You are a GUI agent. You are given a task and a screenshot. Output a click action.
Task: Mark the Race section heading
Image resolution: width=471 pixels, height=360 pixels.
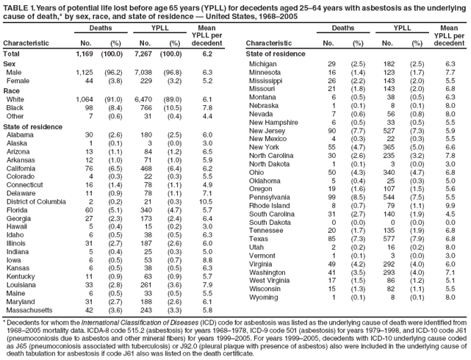(12, 91)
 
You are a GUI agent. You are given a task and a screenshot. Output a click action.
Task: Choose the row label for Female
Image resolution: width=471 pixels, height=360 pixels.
(18, 82)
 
